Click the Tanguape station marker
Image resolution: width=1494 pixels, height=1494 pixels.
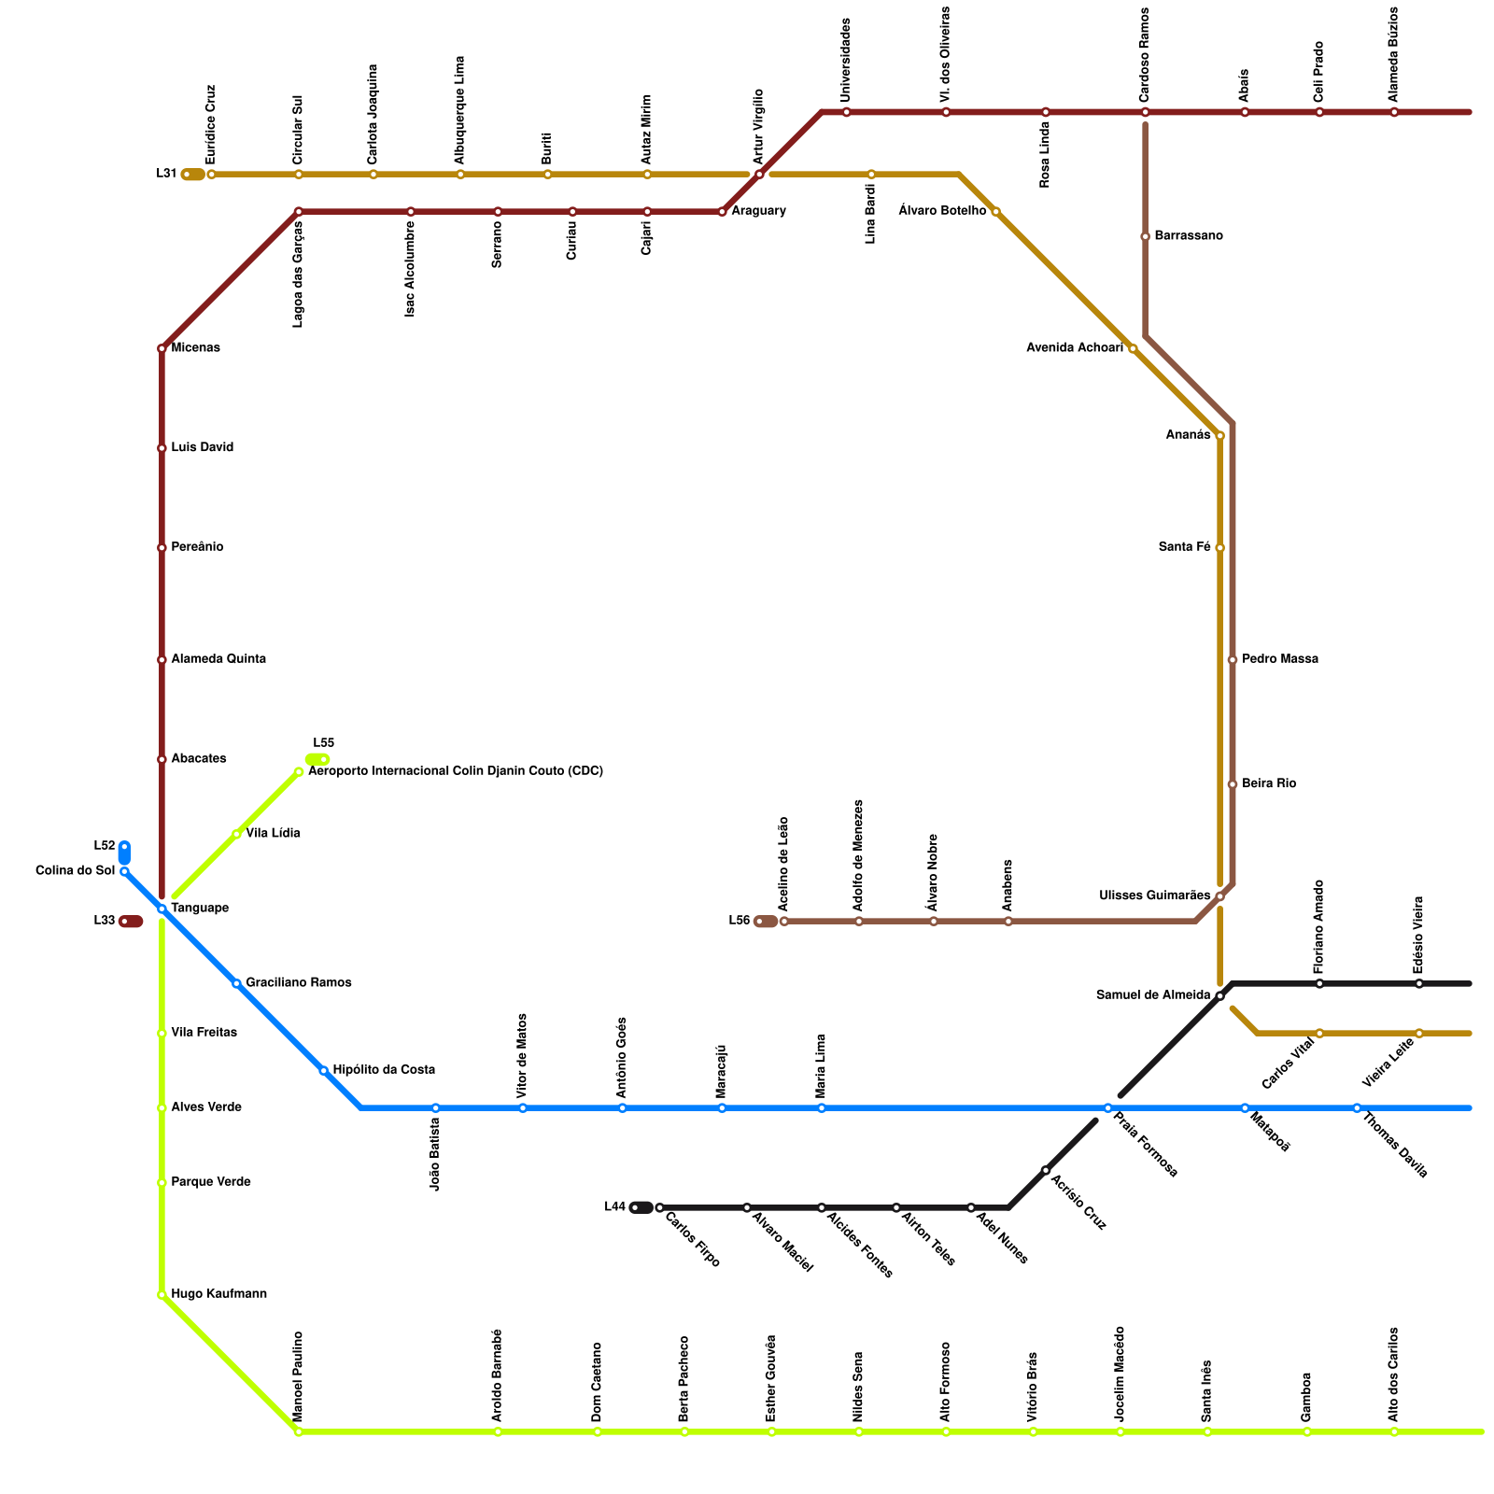(x=162, y=909)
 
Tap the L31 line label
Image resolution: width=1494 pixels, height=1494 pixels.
(x=166, y=174)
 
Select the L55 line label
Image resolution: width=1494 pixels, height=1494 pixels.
(x=323, y=743)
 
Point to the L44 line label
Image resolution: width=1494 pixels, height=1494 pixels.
(x=614, y=1206)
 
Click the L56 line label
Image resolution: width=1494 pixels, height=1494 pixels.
(x=739, y=921)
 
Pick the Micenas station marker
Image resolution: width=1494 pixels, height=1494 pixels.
(x=162, y=348)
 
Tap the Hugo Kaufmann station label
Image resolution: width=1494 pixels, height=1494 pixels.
(x=218, y=1294)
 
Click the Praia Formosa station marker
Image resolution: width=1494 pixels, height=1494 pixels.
(x=1107, y=1108)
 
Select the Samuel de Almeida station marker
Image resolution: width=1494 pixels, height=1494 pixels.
(x=1219, y=996)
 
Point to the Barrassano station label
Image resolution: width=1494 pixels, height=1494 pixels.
(x=1188, y=236)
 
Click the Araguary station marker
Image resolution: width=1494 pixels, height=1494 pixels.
(x=722, y=212)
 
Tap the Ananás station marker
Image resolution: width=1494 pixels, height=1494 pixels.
(x=1219, y=436)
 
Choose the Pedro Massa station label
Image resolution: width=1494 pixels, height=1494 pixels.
(x=1279, y=659)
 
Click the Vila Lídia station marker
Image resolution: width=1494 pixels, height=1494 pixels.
(x=236, y=834)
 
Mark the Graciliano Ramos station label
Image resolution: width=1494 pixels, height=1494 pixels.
(x=298, y=983)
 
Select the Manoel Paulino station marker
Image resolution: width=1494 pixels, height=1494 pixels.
(x=298, y=1431)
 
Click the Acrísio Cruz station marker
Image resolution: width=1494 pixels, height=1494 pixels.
(x=1045, y=1170)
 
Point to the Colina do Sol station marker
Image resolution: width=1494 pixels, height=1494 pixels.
(x=124, y=871)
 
